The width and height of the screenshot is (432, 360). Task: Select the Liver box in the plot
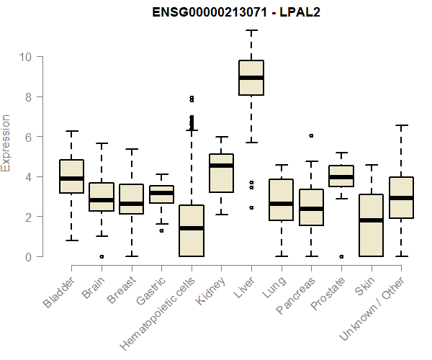pos(251,78)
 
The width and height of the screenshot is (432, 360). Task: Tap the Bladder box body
pos(72,176)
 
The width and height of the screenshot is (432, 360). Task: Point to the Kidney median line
pos(222,166)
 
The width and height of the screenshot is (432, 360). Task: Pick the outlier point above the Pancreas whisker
pos(311,135)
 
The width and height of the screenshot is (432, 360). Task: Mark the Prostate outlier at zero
pos(341,256)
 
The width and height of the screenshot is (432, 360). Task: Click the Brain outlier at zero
pos(102,256)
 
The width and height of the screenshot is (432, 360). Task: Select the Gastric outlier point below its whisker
pos(161,230)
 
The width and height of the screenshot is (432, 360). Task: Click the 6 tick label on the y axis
pos(27,137)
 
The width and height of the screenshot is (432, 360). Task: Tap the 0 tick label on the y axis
pos(27,257)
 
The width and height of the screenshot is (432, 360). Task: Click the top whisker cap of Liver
pos(251,30)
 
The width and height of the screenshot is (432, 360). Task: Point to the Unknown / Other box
pos(401,197)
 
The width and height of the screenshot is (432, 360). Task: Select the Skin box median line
pos(371,220)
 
